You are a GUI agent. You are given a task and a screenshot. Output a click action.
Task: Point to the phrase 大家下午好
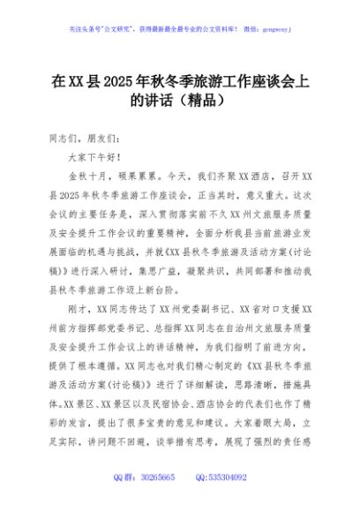(93, 156)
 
